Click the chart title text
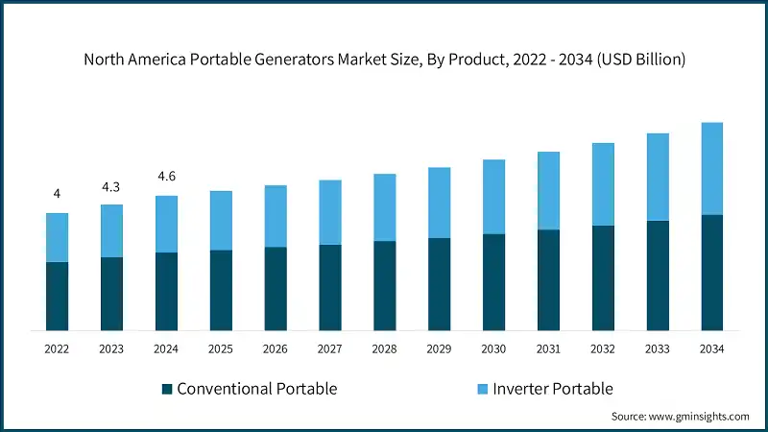(384, 60)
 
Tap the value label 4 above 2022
(57, 194)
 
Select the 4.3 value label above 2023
(111, 185)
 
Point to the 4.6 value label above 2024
(166, 177)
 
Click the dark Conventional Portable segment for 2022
(57, 296)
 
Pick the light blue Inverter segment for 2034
(711, 169)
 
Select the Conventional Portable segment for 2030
(493, 282)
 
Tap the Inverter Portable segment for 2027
(330, 212)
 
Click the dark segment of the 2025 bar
(221, 290)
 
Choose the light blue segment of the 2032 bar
(603, 184)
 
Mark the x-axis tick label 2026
(276, 349)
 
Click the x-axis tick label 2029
(439, 349)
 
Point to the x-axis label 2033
(657, 349)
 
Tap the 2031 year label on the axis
(548, 349)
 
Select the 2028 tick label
(384, 349)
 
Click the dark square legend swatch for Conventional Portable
(167, 389)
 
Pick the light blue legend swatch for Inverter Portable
(482, 389)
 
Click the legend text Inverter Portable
(552, 389)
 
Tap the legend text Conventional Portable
(256, 389)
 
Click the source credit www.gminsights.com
(680, 417)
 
